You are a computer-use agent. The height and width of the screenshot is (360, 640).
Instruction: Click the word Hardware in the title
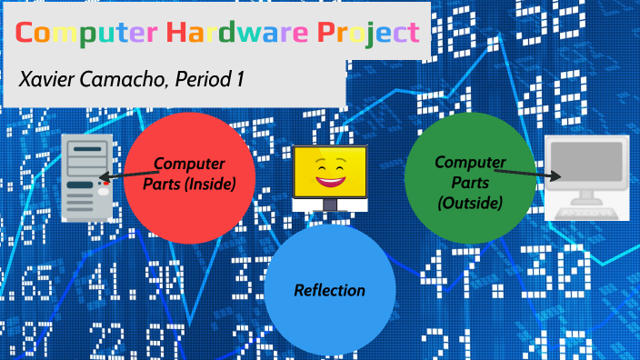pyautogui.click(x=235, y=34)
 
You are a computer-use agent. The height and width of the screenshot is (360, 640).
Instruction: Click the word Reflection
pyautogui.click(x=330, y=291)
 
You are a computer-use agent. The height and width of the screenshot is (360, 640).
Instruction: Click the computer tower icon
pyautogui.click(x=87, y=177)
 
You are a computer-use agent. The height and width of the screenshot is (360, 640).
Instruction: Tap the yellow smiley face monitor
pyautogui.click(x=330, y=177)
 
